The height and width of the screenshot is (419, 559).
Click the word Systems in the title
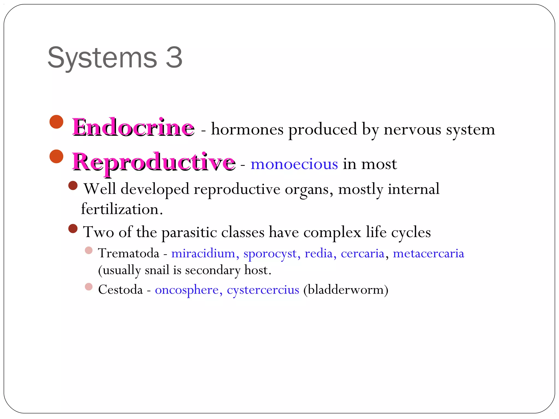102,58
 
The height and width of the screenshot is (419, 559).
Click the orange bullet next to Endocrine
57,122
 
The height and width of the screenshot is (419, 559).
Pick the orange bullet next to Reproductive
57,156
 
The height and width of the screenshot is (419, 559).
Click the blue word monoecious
294,164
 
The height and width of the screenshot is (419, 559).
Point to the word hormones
247,129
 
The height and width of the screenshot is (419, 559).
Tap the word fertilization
121,209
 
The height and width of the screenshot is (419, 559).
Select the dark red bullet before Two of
73,229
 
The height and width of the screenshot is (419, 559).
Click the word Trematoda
129,253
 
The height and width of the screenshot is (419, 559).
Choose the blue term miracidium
203,253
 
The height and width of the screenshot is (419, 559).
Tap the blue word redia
319,253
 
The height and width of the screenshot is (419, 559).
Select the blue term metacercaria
428,253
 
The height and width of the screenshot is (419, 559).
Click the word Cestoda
120,289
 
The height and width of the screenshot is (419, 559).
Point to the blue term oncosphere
187,290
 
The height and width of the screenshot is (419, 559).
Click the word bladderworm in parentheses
346,289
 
